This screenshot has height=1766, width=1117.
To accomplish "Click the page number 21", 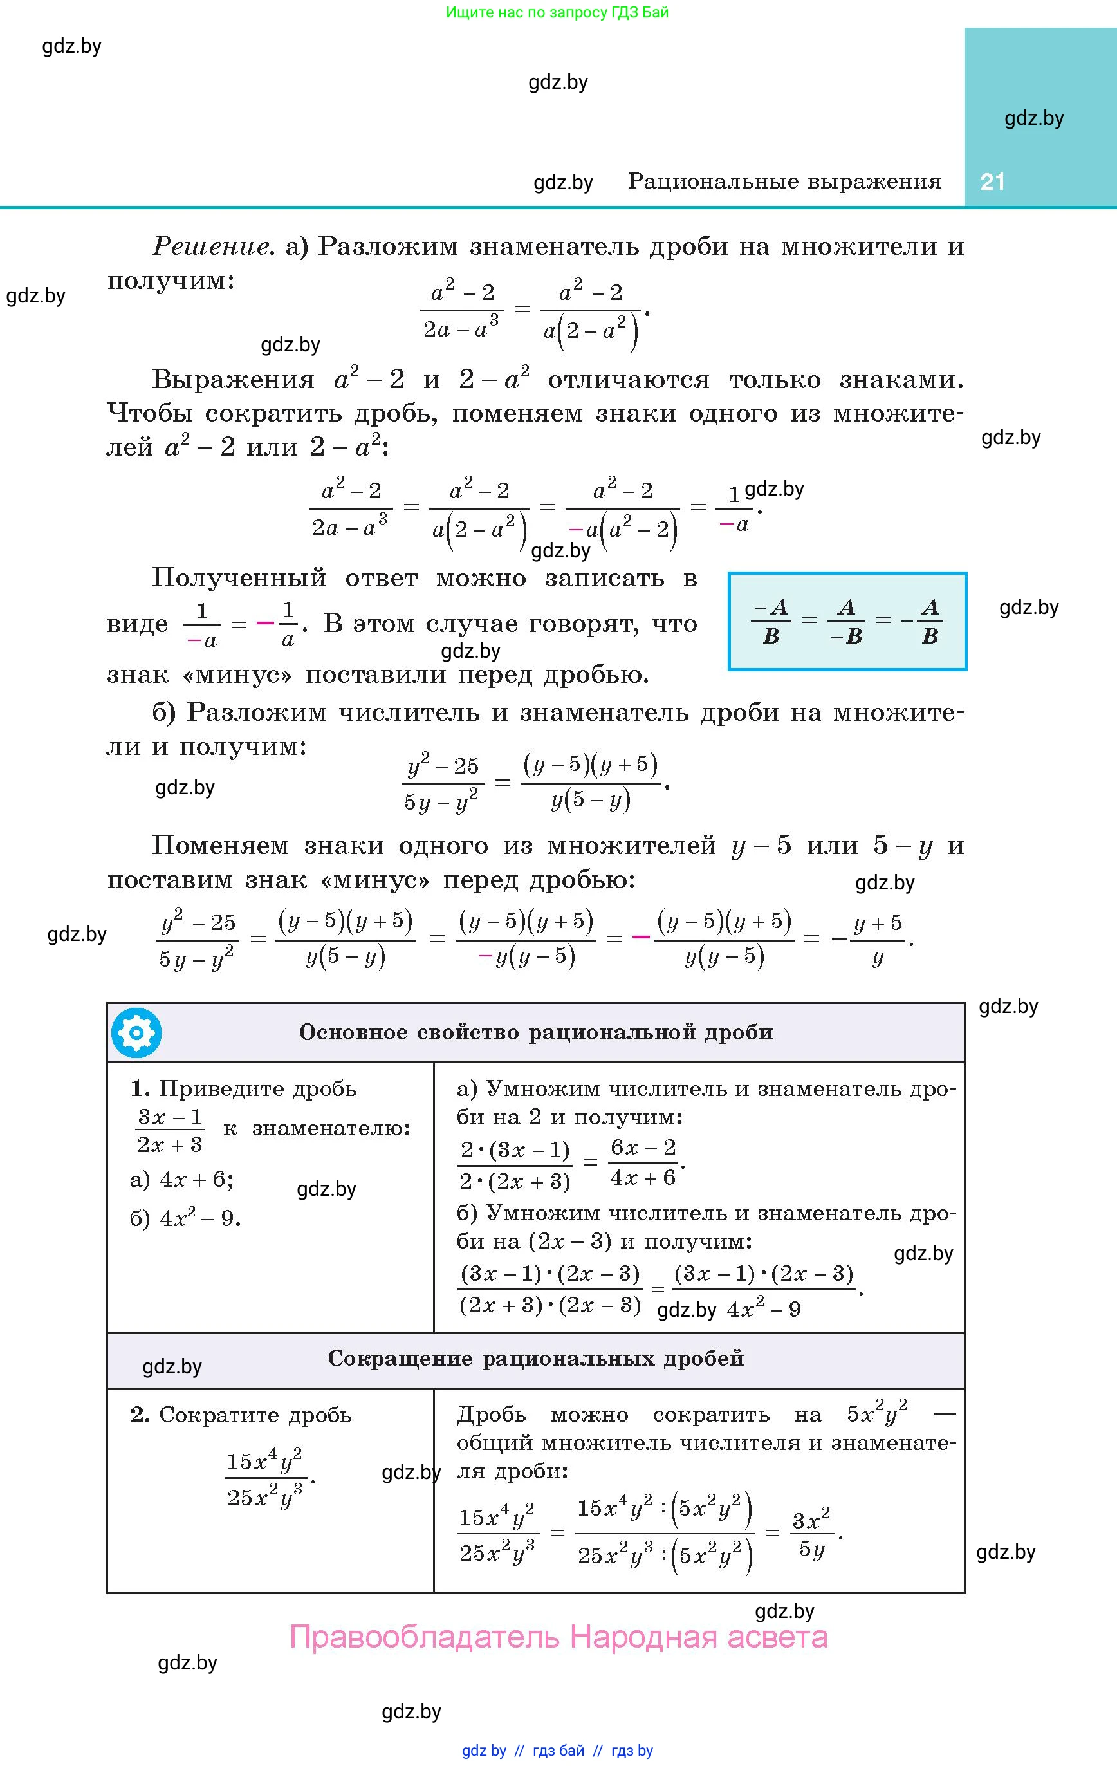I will click(992, 182).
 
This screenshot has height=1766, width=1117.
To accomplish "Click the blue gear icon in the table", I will click(136, 1032).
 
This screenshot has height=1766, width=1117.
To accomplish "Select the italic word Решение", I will click(210, 246).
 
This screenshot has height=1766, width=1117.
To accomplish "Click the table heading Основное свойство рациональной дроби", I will click(535, 1032).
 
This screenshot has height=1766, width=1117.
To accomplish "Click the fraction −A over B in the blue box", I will click(771, 621).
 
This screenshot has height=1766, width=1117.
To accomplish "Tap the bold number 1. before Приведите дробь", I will click(140, 1088).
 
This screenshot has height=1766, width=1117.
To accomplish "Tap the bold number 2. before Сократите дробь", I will click(140, 1415).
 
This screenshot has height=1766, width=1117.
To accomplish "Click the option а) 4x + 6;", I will click(182, 1179).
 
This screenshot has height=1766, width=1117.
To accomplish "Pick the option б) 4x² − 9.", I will click(185, 1218).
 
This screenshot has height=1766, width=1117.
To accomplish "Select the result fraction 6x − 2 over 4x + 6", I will click(643, 1162).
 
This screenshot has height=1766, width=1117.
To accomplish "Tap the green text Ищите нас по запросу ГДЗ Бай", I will click(557, 12).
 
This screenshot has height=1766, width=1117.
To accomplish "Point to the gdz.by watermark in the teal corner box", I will click(1033, 118).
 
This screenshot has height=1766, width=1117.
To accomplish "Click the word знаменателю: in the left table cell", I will click(331, 1128).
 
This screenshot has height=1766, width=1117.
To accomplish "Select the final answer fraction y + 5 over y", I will click(877, 940).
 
